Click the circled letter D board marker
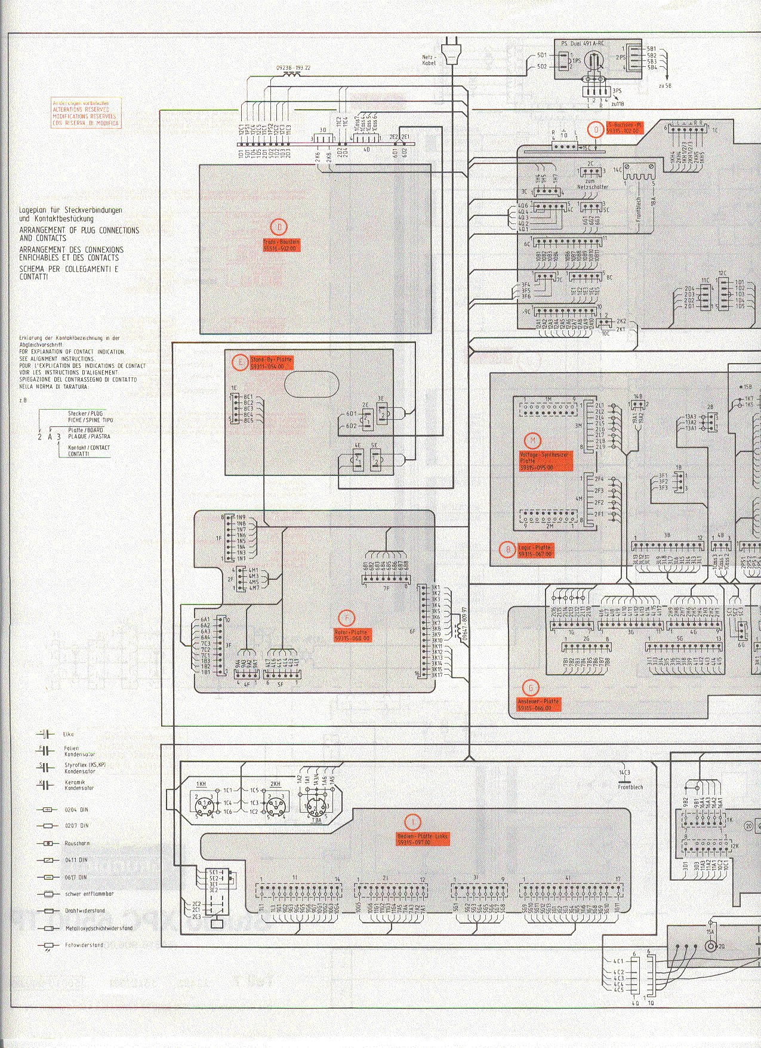279,227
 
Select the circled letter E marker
240,362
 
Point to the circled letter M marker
532,441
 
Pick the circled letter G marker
529,687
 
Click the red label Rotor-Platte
352,635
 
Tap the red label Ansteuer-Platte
538,705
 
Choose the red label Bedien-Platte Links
423,839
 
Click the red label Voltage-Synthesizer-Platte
545,461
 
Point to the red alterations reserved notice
85,113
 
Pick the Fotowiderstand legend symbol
47,945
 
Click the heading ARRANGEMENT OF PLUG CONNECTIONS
79,233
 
